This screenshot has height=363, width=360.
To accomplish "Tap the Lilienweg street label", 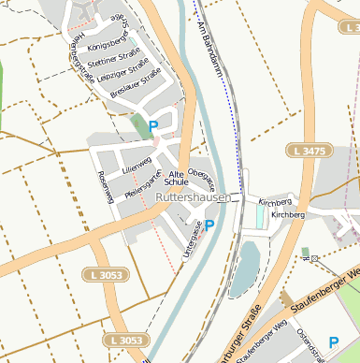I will coord(137,167).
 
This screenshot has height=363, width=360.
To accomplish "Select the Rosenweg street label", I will coord(106,188).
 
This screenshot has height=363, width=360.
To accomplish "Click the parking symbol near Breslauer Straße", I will coord(153,124).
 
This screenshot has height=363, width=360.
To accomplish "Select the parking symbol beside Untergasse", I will coord(209,225).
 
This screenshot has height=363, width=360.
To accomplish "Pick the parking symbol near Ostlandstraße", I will coord(334,343).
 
